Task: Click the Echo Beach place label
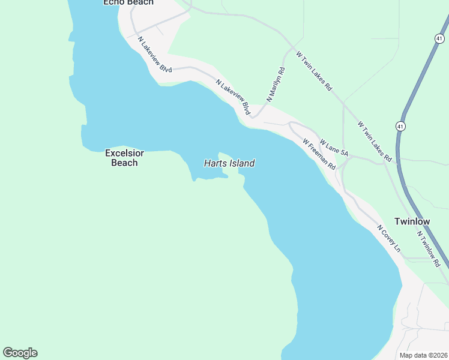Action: (128, 2)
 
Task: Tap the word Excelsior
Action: (126, 153)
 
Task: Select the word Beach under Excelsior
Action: (125, 163)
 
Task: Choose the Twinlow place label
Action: (412, 221)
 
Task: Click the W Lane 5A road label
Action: (334, 148)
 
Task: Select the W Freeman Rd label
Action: (319, 154)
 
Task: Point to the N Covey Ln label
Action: (389, 238)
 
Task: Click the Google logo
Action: (20, 353)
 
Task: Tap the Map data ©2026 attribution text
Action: (423, 355)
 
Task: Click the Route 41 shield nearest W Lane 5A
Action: (400, 126)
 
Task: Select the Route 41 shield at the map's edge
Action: (440, 38)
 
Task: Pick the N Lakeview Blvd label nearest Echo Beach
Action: (154, 55)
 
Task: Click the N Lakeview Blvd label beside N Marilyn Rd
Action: (234, 97)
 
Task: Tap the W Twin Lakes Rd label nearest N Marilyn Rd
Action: (314, 70)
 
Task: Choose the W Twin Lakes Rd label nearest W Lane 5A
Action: (375, 142)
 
